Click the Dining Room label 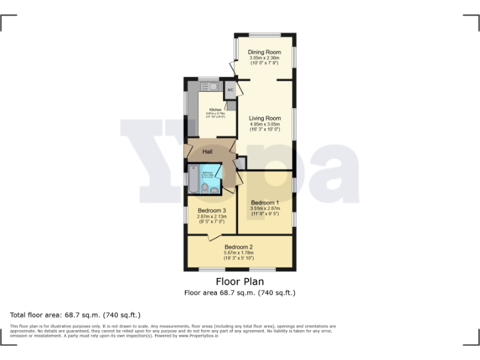pos(264,52)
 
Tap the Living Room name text pos(264,118)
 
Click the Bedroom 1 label pos(264,202)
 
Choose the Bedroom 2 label pos(238,247)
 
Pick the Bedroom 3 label pos(211,211)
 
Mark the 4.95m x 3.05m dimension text pos(264,124)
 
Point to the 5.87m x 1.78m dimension pos(238,252)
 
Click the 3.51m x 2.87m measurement pos(264,208)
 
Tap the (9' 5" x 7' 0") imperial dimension pos(211,222)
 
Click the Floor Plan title pos(239,282)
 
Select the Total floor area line pos(76,314)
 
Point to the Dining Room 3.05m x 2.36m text pos(264,58)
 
